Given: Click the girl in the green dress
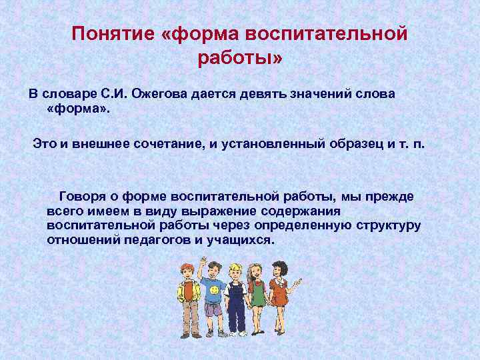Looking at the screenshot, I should tap(257, 293).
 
